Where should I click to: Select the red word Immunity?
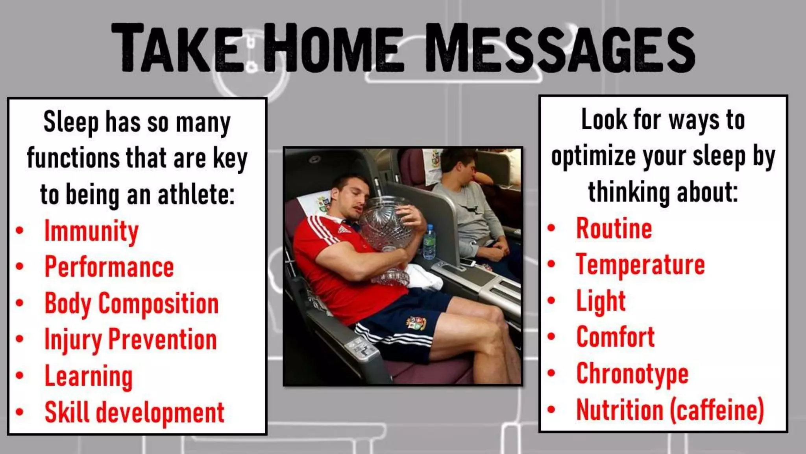(x=91, y=231)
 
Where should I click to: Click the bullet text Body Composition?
(x=131, y=304)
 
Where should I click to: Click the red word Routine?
(x=614, y=229)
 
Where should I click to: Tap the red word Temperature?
(x=640, y=265)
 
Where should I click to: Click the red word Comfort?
(x=615, y=337)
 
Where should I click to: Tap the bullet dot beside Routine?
(x=551, y=228)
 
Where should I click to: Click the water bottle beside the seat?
(x=429, y=242)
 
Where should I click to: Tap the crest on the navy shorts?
(x=416, y=323)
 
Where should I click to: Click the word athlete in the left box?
(x=196, y=195)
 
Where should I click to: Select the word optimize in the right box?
(x=593, y=157)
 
